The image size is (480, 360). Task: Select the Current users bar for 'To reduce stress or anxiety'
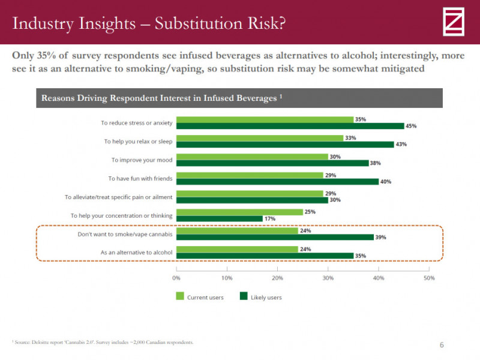click(265, 119)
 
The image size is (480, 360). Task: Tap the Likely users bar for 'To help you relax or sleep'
click(285, 145)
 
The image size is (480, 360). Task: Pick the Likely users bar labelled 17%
click(219, 218)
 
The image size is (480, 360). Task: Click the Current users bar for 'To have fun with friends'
click(250, 175)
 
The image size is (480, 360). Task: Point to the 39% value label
click(380, 237)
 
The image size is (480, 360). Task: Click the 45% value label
click(410, 126)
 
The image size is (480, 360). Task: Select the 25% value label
click(310, 212)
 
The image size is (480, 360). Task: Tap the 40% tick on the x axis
click(378, 278)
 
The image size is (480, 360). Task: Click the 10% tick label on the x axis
click(227, 278)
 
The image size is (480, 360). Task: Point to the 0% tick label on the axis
click(176, 278)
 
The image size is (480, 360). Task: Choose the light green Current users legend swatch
click(179, 296)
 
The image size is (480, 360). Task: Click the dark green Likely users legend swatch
click(244, 296)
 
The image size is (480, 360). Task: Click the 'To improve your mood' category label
click(142, 160)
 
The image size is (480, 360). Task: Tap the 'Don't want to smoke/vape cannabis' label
click(125, 234)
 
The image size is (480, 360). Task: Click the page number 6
click(442, 344)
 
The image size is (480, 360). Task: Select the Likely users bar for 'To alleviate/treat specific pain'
click(252, 200)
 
